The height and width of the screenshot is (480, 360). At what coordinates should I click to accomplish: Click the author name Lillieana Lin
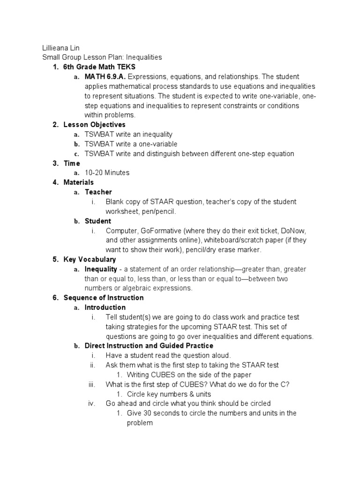pos(61,48)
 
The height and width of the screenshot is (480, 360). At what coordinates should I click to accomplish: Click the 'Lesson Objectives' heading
pos(95,125)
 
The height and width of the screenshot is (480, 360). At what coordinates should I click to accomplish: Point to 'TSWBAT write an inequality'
pos(128,135)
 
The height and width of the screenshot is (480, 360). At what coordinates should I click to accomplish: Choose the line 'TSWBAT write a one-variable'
pos(131,144)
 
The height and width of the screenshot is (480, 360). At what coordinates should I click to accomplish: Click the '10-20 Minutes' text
pos(107,172)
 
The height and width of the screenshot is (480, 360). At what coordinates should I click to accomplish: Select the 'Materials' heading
pos(79,182)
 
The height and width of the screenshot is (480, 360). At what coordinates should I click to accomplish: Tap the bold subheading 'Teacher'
pos(98,192)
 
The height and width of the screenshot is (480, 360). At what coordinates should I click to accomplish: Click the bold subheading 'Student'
pos(98,221)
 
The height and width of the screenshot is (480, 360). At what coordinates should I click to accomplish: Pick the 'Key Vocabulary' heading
pos(90,259)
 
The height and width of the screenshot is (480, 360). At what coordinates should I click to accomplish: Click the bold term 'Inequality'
pos(101,270)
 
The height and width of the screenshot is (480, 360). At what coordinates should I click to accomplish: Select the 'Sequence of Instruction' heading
pos(104,298)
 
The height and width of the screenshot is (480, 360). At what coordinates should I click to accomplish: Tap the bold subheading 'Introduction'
pos(105,307)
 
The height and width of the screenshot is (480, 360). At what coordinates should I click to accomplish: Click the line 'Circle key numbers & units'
pos(169,394)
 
